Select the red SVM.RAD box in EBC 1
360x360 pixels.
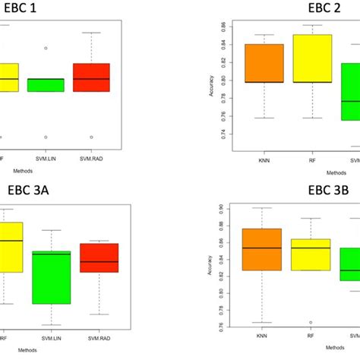pos(91,77)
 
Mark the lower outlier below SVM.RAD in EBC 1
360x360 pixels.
pos(91,137)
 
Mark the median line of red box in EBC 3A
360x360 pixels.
pos(99,261)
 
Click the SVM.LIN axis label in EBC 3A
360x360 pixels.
pos(51,339)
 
